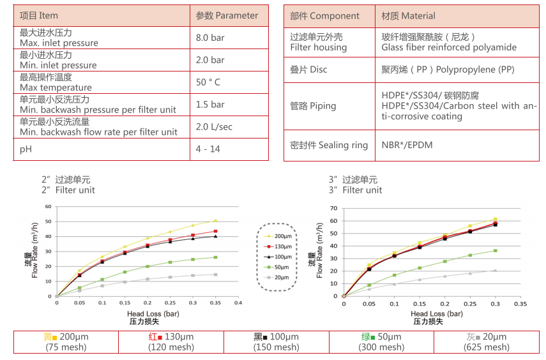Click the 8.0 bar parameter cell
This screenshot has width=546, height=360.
point(210,38)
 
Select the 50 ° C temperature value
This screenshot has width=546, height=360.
point(208,82)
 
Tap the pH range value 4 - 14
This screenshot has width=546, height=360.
point(208,149)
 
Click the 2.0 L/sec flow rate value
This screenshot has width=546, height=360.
point(213,126)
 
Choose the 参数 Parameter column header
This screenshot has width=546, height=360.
point(227,15)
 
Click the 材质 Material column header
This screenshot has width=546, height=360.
point(408,15)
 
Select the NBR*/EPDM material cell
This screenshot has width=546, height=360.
point(407,145)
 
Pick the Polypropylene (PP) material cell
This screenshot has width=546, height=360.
point(448,69)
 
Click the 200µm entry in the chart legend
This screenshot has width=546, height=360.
point(279,236)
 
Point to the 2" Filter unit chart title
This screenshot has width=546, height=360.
point(68,185)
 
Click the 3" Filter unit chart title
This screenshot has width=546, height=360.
point(356,185)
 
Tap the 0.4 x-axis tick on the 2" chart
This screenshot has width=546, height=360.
point(238,303)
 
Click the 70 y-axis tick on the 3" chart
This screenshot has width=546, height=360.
point(333,208)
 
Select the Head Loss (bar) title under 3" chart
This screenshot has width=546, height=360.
point(436,314)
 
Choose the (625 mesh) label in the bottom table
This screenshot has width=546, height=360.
point(487,347)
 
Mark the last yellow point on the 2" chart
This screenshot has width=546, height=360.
point(215,221)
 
